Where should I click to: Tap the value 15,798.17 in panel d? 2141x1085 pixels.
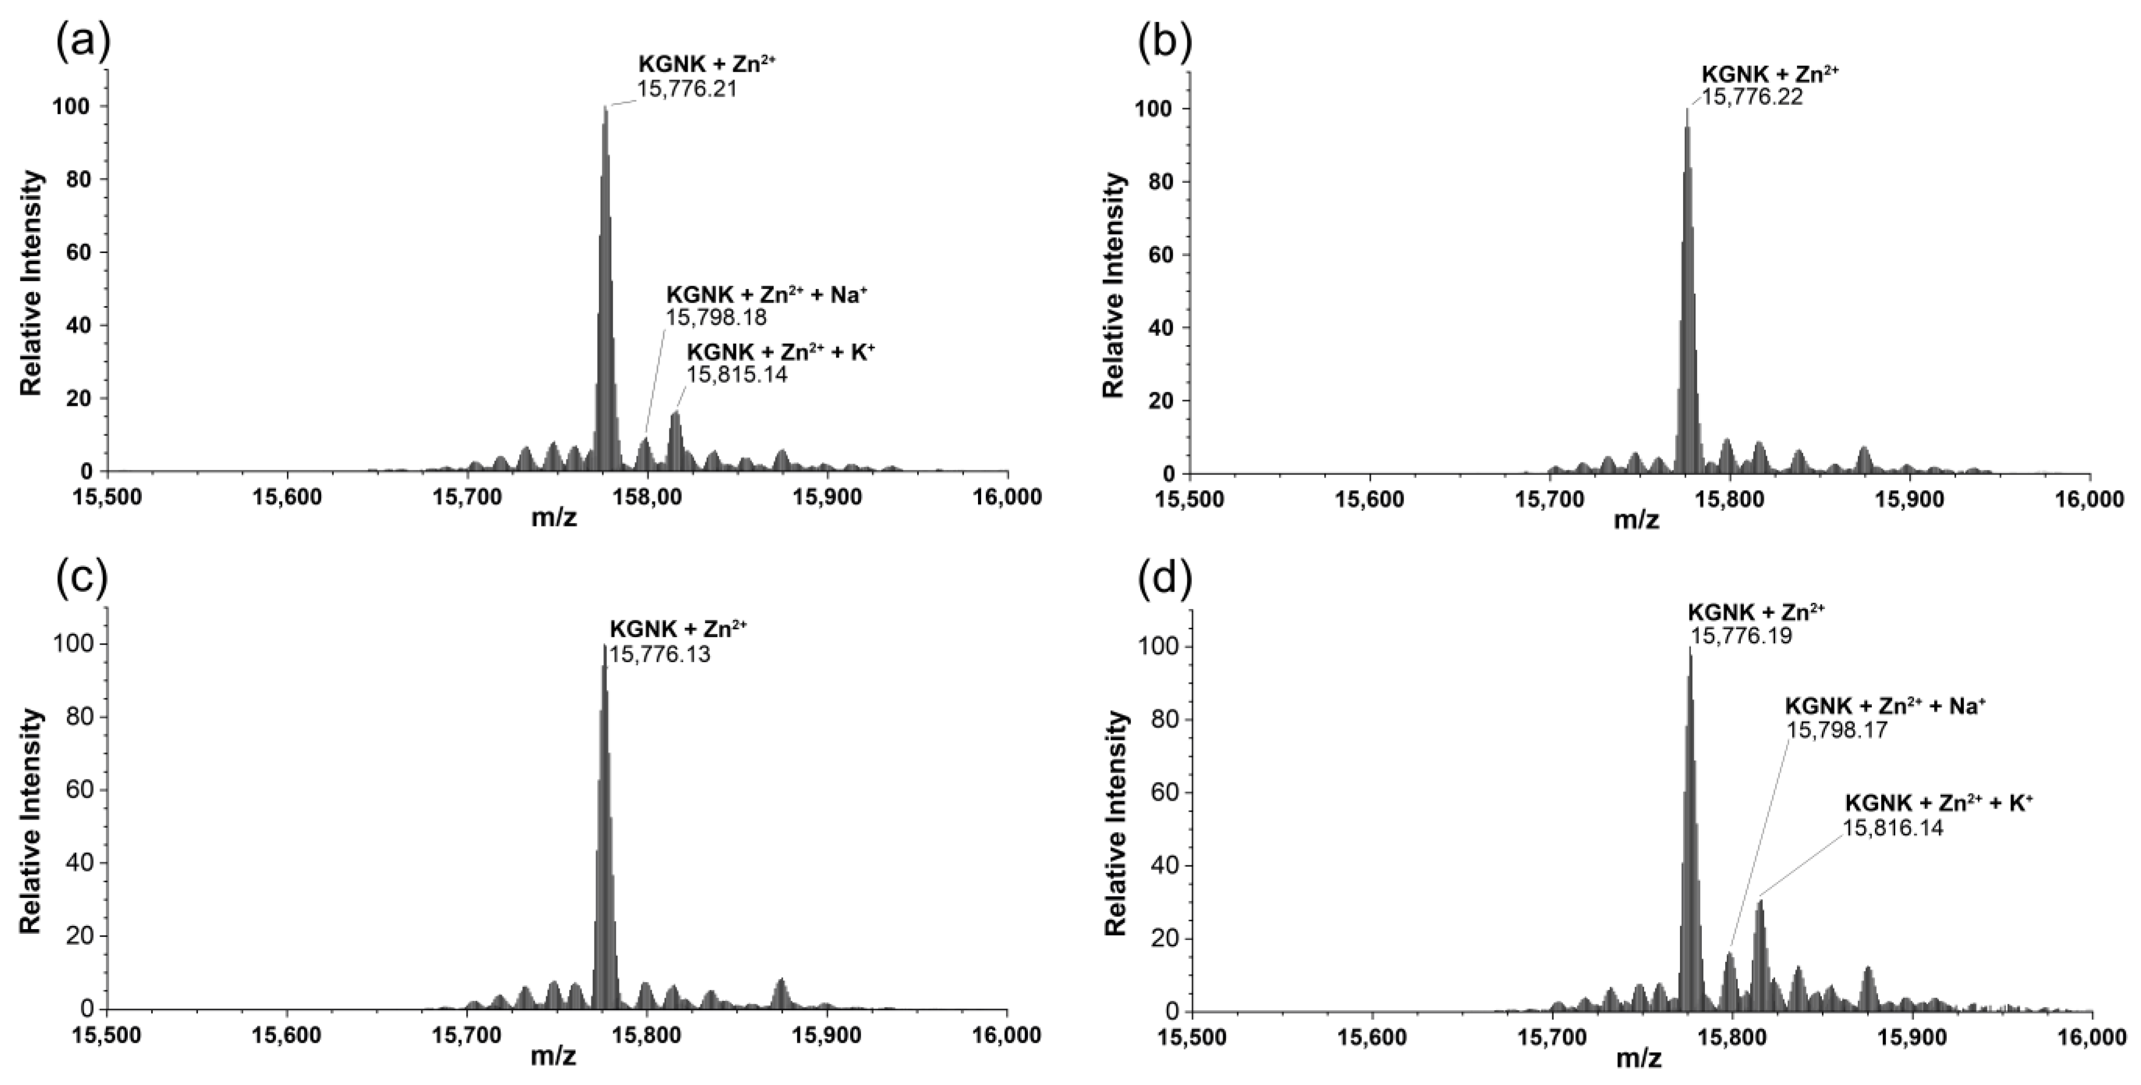tap(1834, 730)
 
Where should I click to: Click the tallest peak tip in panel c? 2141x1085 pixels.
tap(604, 645)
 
